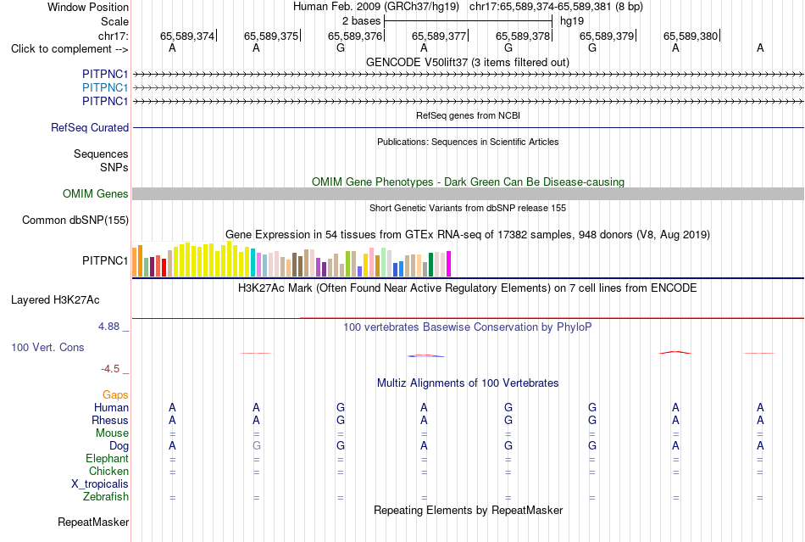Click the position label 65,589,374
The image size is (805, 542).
187,36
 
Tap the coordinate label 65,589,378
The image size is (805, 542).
523,36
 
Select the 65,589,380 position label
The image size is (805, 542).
691,36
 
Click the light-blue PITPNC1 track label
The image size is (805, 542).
105,88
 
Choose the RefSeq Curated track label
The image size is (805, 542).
90,127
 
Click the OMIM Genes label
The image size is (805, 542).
96,193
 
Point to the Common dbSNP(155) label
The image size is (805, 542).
75,220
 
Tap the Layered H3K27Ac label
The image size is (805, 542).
55,300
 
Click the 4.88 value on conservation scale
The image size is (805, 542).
108,327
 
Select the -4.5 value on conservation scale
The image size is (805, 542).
110,369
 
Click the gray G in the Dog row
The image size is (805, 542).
257,446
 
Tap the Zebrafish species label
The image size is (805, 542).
106,497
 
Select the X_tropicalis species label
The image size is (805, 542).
100,484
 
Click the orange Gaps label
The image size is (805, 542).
115,394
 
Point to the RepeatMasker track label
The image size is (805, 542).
93,522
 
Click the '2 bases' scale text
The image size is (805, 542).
362,21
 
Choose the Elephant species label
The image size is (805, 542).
108,458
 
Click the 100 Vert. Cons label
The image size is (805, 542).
47,347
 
